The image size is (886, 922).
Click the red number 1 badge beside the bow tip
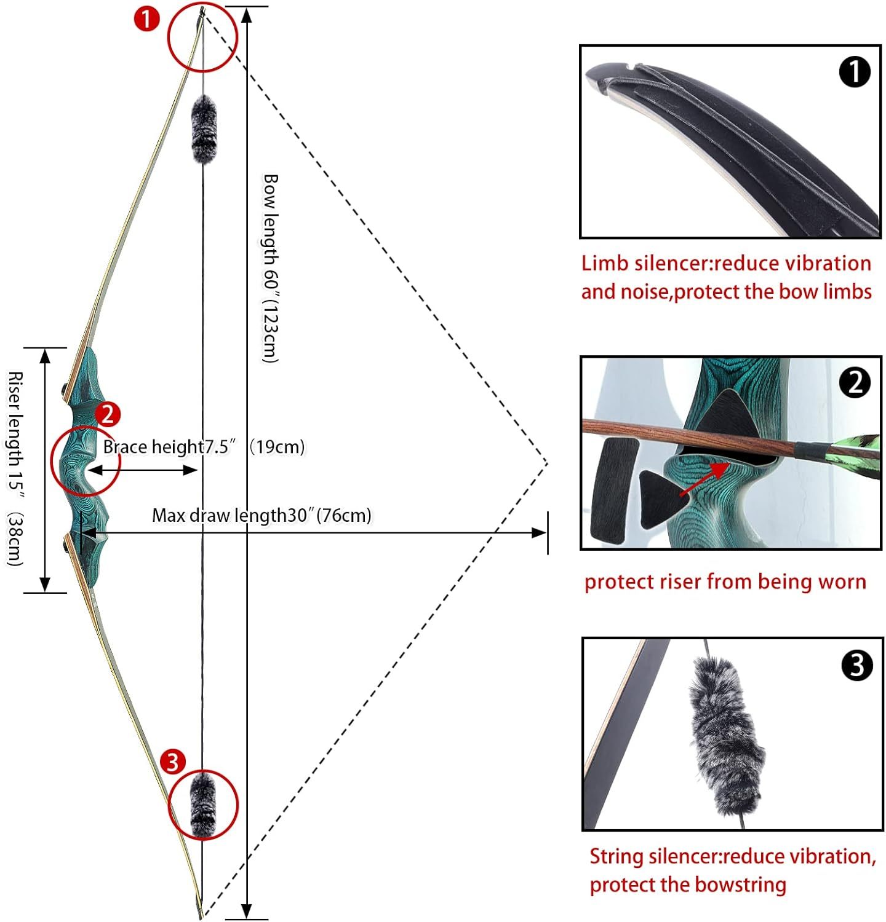(147, 19)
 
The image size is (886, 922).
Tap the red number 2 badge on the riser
(108, 415)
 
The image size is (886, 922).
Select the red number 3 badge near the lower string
(172, 762)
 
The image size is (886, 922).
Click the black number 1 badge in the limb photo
(855, 73)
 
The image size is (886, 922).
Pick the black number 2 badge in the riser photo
(855, 383)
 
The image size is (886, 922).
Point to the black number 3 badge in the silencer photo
(856, 666)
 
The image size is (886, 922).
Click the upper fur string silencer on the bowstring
(204, 130)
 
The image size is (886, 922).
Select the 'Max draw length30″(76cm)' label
(262, 515)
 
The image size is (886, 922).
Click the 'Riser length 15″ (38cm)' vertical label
(15, 468)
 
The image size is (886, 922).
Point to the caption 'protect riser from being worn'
(725, 581)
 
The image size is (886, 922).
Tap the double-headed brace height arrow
(142, 470)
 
